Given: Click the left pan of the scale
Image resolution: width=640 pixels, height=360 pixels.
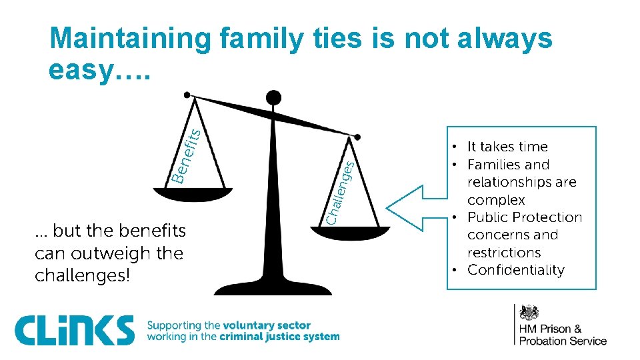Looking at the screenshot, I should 193,194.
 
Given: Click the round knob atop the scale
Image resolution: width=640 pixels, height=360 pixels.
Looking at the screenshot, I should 273,98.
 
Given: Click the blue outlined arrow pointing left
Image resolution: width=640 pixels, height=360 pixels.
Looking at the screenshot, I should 417,209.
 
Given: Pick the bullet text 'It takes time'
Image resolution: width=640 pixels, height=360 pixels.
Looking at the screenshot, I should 507,147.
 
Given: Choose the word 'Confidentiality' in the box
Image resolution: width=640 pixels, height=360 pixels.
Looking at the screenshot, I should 515,270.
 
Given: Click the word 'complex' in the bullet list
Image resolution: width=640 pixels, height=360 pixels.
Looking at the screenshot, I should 496,200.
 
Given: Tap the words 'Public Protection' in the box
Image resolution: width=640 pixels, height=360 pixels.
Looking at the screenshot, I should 525,217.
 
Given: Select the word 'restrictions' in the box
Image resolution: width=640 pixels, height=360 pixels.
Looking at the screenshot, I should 504,253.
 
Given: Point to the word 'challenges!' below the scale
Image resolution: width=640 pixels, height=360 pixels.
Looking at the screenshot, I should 82,275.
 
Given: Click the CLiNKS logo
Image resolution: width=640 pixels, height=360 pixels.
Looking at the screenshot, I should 74,331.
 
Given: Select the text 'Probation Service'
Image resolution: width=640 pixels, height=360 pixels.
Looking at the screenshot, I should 563,341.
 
